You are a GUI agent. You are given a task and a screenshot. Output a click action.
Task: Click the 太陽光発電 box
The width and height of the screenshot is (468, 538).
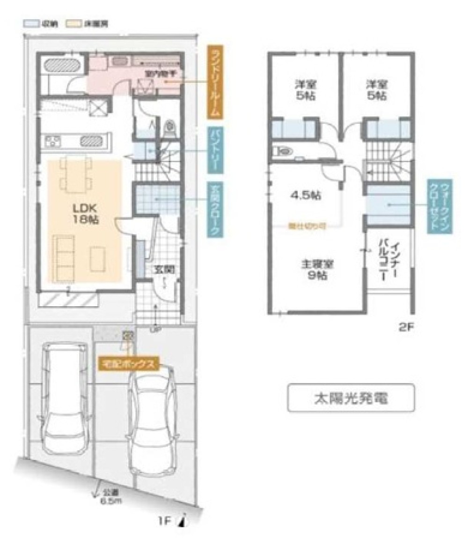[x=351, y=398]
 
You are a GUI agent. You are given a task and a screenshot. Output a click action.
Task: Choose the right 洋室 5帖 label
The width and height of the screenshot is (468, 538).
[x=376, y=90]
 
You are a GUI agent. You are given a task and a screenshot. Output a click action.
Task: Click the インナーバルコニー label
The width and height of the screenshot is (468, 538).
[x=388, y=262]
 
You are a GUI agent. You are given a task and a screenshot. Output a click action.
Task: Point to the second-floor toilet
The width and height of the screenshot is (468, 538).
[x=284, y=151]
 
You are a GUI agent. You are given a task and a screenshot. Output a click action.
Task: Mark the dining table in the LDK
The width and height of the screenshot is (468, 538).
[x=78, y=174]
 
